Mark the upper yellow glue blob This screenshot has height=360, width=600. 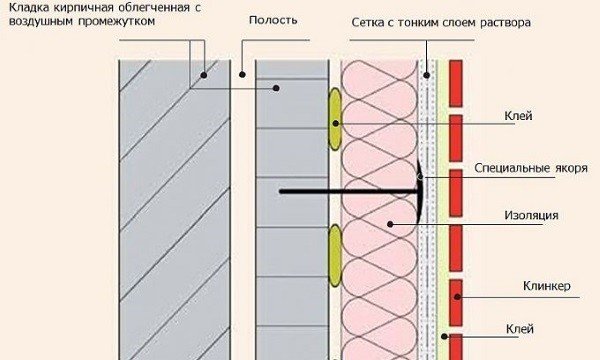tap(334, 121)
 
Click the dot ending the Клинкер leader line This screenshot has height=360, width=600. tap(456, 296)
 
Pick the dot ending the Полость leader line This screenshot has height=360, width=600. tap(241, 74)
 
